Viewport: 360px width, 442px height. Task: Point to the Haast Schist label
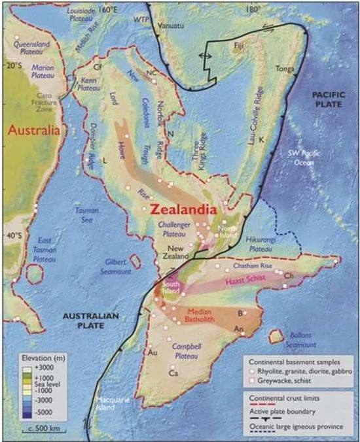pyautogui.click(x=248, y=282)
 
